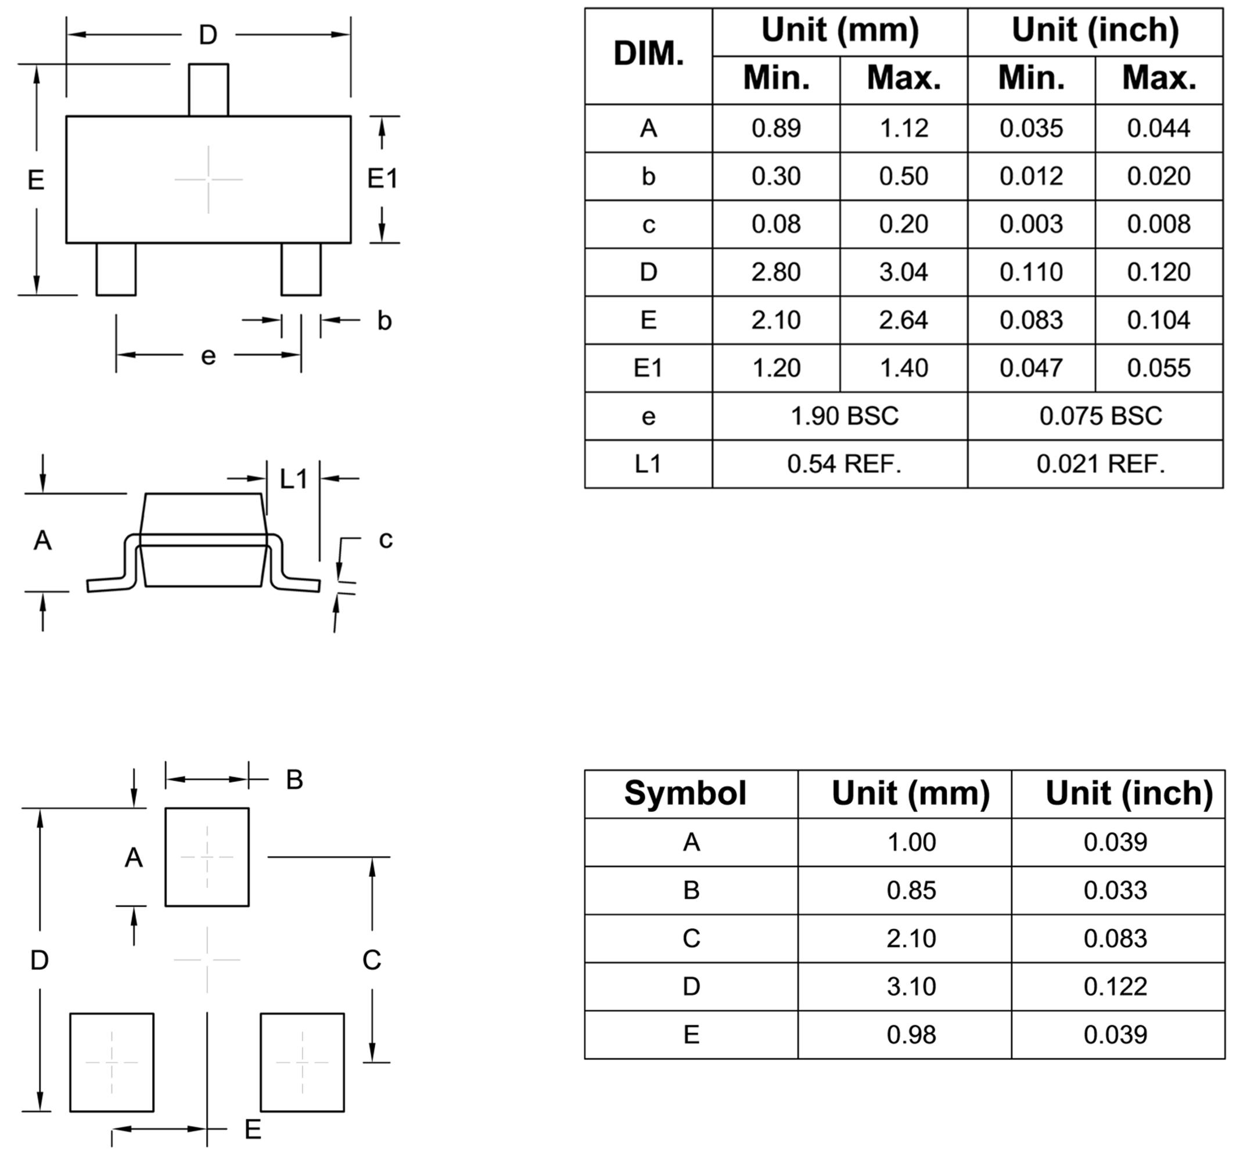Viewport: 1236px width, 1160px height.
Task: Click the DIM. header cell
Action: pos(648,55)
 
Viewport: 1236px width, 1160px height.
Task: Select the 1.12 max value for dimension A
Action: pos(903,128)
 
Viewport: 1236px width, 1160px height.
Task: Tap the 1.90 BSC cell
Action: pos(844,416)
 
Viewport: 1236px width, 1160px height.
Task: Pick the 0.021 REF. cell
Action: pos(1101,464)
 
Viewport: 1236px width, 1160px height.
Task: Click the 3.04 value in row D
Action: pos(903,273)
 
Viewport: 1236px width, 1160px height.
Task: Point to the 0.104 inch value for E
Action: pos(1158,320)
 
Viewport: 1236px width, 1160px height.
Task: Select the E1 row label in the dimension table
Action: pos(648,368)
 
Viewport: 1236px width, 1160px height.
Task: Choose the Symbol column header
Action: pos(685,793)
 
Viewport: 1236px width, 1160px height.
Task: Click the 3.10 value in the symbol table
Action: pos(911,986)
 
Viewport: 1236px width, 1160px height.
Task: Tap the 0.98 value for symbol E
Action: pos(911,1034)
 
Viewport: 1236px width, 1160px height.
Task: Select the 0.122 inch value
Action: pos(1115,986)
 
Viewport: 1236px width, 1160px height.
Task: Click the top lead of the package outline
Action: pos(209,89)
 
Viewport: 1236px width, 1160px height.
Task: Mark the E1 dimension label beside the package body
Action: pos(382,179)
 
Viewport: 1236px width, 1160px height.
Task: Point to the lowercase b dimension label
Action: pos(385,321)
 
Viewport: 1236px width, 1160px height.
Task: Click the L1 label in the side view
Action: pos(293,479)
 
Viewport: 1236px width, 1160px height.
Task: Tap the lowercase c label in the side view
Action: pos(386,539)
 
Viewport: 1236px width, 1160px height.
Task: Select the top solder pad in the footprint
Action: pos(207,857)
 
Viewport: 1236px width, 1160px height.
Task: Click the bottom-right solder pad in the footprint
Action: pos(302,1062)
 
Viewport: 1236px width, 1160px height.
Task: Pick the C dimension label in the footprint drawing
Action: pos(372,960)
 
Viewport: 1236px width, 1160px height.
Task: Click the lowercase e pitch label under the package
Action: pos(209,356)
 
